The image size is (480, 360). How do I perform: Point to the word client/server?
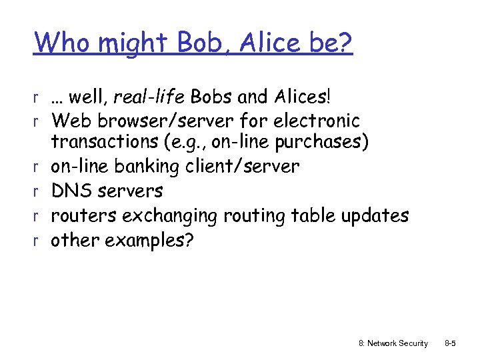pyautogui.click(x=243, y=166)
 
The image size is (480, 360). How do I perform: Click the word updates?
pyautogui.click(x=375, y=215)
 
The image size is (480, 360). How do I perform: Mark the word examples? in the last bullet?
pyautogui.click(x=147, y=240)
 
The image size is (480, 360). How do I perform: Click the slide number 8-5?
pyautogui.click(x=451, y=343)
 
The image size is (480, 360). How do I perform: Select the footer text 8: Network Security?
pyautogui.click(x=393, y=343)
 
